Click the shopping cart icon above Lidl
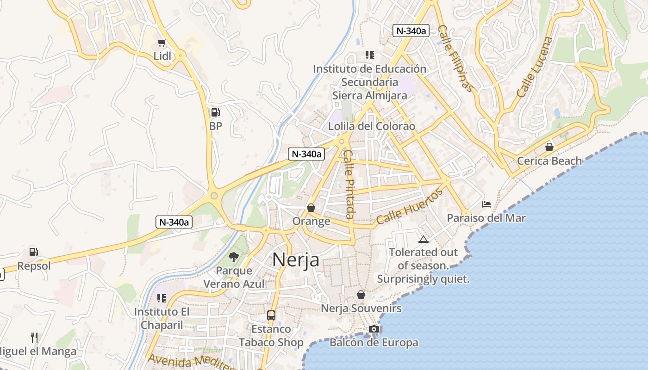point(162,43)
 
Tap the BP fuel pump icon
point(215,112)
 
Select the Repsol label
point(34,266)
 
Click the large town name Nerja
point(296,259)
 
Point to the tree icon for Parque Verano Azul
point(234,257)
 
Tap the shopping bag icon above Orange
point(311,208)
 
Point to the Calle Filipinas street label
point(455,58)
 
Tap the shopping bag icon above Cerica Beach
point(549,147)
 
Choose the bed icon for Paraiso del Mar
point(486,204)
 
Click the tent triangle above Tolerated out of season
point(423,239)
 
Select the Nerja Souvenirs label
point(361,308)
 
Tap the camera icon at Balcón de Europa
point(374,329)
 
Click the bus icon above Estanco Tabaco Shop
point(271,315)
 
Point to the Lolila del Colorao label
point(372,126)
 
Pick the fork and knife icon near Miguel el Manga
point(34,337)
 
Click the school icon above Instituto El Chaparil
point(161,298)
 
